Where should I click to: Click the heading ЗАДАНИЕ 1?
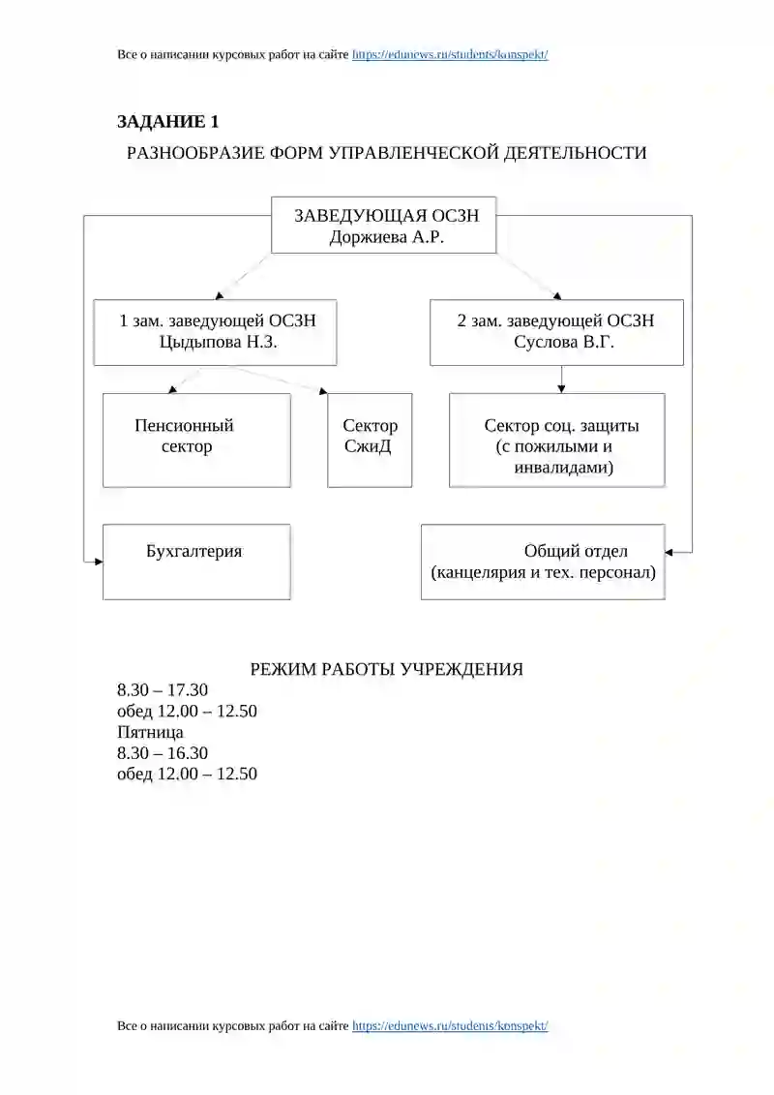click(167, 122)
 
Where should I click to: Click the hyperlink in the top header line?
click(450, 54)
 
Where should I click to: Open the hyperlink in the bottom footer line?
click(450, 1026)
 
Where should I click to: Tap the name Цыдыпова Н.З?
click(219, 342)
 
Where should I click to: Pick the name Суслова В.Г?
click(564, 342)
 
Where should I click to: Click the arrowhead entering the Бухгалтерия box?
click(99, 562)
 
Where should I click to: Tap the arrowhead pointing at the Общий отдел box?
click(669, 553)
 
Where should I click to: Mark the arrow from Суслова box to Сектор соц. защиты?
click(561, 380)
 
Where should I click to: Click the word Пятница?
click(150, 732)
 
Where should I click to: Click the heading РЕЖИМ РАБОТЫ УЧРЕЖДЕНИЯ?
click(387, 669)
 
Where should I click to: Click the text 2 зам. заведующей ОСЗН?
click(555, 320)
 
